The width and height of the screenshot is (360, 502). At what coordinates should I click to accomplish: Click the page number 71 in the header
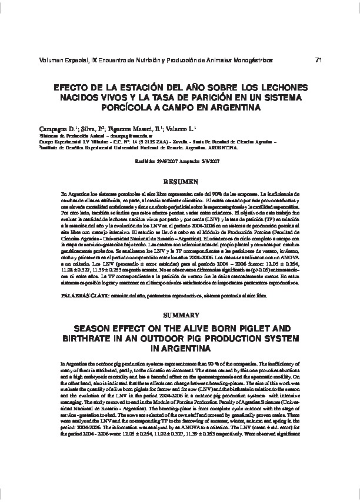(319, 59)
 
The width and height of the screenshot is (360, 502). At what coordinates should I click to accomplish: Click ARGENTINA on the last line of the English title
(180, 350)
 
